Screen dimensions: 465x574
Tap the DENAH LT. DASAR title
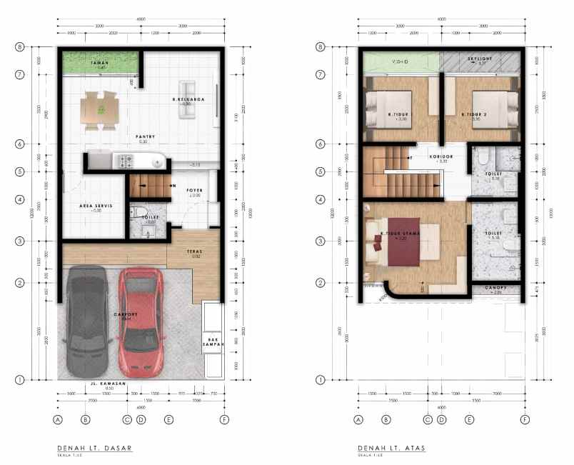pos(95,449)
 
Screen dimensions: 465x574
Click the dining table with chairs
pos(102,109)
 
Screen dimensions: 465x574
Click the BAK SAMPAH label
pos(213,341)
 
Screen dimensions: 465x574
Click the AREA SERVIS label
pos(94,206)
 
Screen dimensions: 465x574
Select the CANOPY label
pos(495,289)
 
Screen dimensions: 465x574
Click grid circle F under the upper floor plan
pos(525,420)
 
